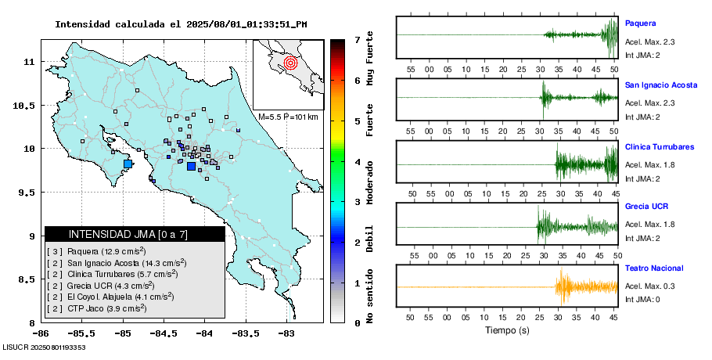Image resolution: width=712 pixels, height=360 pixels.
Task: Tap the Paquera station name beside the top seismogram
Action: [x=640, y=23]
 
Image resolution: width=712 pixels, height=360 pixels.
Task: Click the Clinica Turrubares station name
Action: [x=660, y=147]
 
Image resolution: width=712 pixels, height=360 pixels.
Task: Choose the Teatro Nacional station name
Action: [x=653, y=268]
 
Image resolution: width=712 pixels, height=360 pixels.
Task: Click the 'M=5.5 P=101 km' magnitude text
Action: [x=288, y=117]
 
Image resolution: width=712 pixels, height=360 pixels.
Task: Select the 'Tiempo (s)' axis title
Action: [x=506, y=330]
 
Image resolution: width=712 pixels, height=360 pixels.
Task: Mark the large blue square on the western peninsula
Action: [x=129, y=164]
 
